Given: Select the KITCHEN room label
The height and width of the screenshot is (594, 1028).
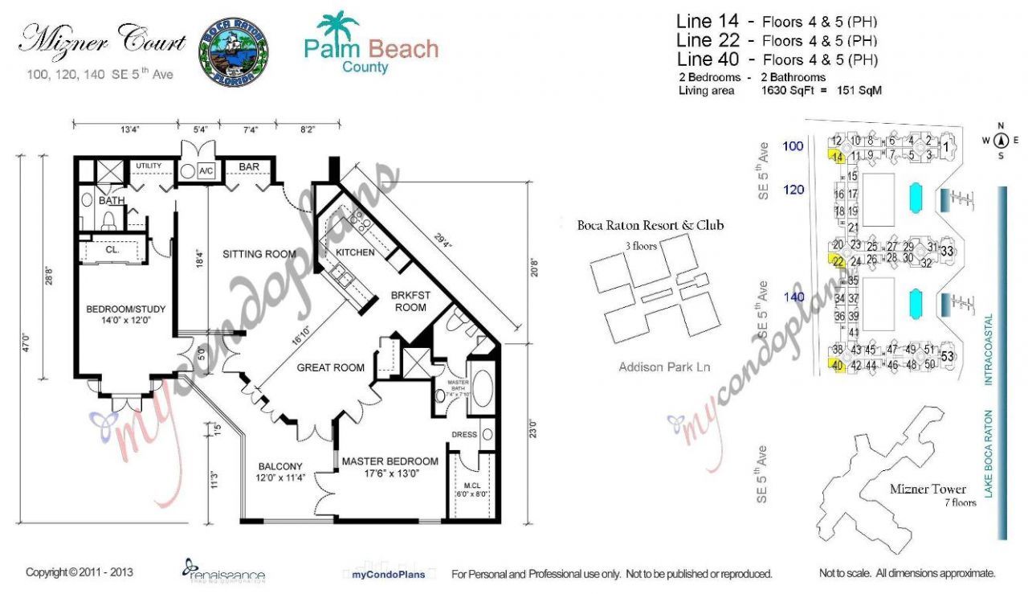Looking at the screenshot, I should tap(355, 252).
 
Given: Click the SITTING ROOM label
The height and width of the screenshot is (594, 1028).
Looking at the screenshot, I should tap(259, 254).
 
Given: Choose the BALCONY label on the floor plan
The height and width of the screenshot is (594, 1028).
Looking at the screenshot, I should tap(280, 466).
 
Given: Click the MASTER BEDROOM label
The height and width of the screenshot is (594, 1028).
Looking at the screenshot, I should tap(390, 461).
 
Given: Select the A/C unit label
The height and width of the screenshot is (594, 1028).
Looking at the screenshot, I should tap(206, 171).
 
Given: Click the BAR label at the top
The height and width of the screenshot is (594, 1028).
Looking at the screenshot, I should tap(249, 167).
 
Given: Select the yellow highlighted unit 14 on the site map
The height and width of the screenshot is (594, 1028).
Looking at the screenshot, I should tap(837, 157).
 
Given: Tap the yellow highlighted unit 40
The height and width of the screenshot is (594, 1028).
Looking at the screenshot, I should tap(837, 366).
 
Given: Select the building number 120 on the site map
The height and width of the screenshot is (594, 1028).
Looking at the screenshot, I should tap(793, 190).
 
